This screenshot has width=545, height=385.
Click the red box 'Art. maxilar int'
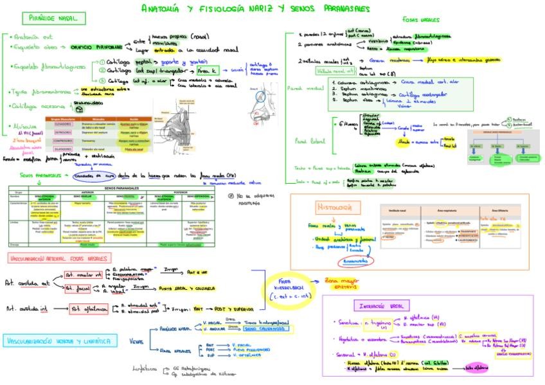84,275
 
